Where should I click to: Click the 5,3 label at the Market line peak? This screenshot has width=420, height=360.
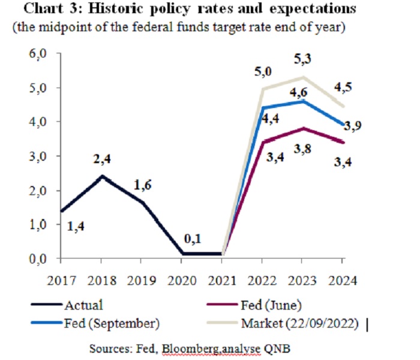pos(302,59)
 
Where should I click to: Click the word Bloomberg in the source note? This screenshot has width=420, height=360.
pos(171,348)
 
